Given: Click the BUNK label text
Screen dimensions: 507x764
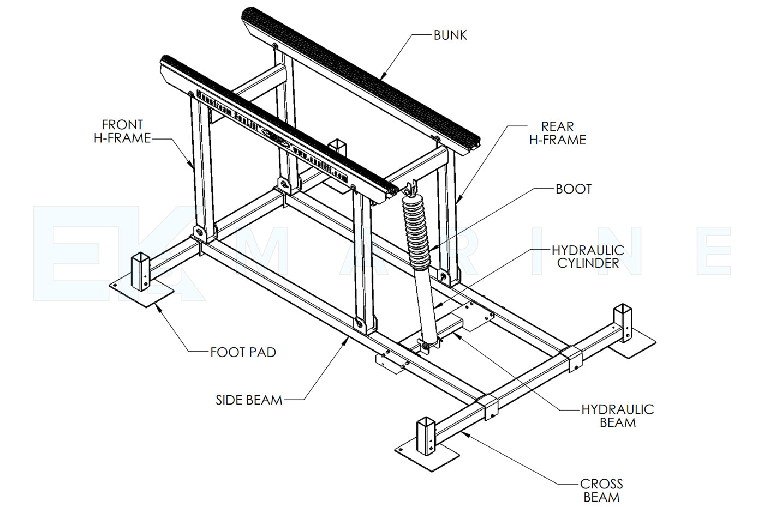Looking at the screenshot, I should point(450,35).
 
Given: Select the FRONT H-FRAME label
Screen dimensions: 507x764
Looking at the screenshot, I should point(122,131).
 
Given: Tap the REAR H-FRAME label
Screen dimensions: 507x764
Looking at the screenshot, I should point(557,134).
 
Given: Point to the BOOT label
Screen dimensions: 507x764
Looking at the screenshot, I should point(574,189).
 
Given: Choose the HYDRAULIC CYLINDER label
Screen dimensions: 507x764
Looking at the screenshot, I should point(588,257).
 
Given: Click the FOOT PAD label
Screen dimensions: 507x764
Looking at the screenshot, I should point(243,353).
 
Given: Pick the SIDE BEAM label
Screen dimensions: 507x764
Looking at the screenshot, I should point(249,400).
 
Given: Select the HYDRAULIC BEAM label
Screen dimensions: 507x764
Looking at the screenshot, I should point(617,416).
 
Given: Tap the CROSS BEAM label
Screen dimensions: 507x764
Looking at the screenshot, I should point(601,490).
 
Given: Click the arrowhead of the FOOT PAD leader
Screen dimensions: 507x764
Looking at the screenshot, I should point(157,306).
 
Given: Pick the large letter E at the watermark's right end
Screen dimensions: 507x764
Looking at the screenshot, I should point(715,251).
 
